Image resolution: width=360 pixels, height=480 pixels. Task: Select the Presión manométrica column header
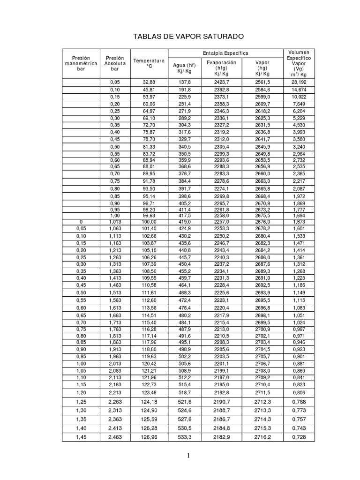point(81,63)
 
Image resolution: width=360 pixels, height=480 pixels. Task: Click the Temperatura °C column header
point(149,63)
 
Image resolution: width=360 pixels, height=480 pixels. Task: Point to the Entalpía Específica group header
point(225,53)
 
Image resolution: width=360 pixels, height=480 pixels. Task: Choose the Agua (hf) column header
point(184,68)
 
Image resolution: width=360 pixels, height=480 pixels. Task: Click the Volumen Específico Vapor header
point(299,63)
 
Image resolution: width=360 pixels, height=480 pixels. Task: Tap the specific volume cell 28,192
point(299,82)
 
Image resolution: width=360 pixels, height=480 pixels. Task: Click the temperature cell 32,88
point(149,82)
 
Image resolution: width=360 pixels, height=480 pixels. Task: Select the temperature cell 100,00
point(149,221)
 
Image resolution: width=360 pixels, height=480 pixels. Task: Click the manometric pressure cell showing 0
point(81,221)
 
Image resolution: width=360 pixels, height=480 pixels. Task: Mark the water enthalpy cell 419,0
point(184,221)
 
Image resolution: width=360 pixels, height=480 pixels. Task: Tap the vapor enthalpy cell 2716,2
point(262,437)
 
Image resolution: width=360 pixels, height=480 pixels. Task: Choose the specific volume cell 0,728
point(299,437)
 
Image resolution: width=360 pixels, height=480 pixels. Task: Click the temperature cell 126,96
point(149,437)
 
